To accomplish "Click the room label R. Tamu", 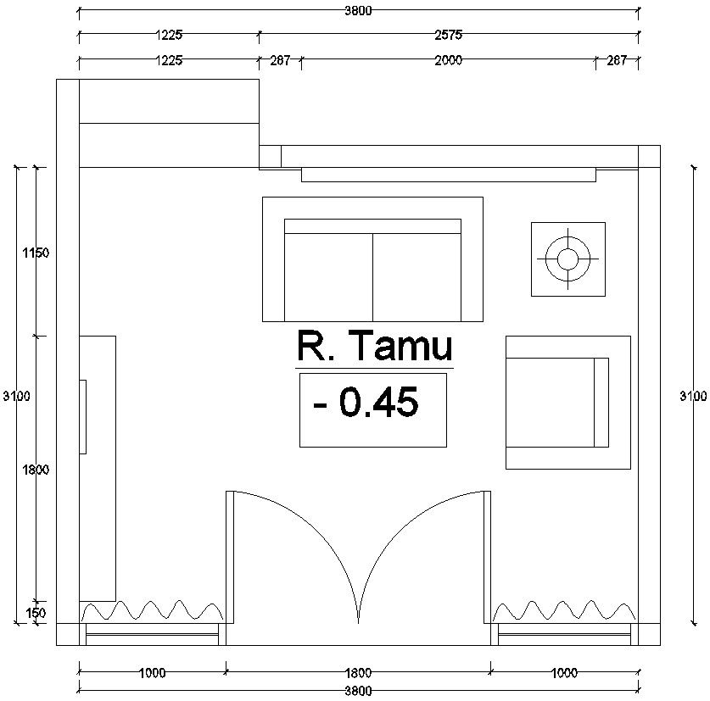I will [374, 347].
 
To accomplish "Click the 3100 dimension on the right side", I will [693, 396].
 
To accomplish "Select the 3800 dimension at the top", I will [357, 11].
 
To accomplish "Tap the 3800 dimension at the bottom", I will [357, 691].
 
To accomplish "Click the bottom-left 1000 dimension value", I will [152, 673].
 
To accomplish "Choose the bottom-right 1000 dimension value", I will [563, 673].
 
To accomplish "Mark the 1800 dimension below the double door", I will [357, 673].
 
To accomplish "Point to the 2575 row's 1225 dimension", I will [169, 36].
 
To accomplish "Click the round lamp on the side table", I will [567, 259].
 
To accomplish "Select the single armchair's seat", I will [551, 403].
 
